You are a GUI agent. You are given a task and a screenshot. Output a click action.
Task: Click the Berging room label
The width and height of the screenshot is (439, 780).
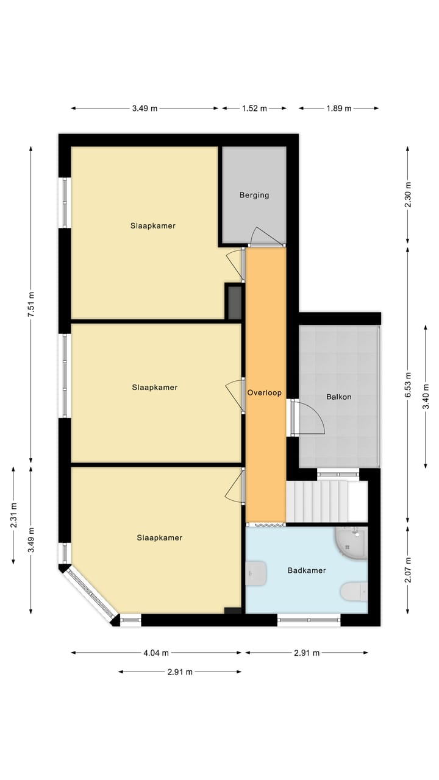point(254,195)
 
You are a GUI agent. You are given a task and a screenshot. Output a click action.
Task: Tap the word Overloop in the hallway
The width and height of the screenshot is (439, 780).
point(265,393)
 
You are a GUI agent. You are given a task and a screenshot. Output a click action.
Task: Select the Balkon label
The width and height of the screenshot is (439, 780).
point(338,397)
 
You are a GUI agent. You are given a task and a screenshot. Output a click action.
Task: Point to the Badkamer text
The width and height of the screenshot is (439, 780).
point(306,570)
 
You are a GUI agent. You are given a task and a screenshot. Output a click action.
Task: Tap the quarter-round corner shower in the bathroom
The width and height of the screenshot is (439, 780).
point(352,542)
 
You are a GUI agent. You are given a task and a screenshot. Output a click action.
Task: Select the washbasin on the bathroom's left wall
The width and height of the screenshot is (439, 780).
point(255,573)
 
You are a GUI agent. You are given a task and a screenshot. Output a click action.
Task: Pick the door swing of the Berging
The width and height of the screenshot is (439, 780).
point(263,236)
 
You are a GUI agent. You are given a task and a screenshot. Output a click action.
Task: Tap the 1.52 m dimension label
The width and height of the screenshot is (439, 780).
point(254,108)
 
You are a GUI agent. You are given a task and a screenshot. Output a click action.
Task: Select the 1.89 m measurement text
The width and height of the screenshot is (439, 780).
point(338,108)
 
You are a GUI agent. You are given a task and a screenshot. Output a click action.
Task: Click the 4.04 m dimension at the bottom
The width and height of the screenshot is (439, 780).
point(156,653)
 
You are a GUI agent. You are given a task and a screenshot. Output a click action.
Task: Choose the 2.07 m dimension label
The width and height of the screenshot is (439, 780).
point(409,570)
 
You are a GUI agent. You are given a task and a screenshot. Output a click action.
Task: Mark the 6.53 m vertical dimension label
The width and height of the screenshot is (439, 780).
point(409,385)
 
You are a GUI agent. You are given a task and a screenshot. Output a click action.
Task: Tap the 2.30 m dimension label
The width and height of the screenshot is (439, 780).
point(409,195)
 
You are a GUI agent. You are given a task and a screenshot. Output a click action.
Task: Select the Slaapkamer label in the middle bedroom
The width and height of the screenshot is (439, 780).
point(154,387)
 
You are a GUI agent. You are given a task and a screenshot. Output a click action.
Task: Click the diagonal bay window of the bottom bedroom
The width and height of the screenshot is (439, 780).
point(90,594)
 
